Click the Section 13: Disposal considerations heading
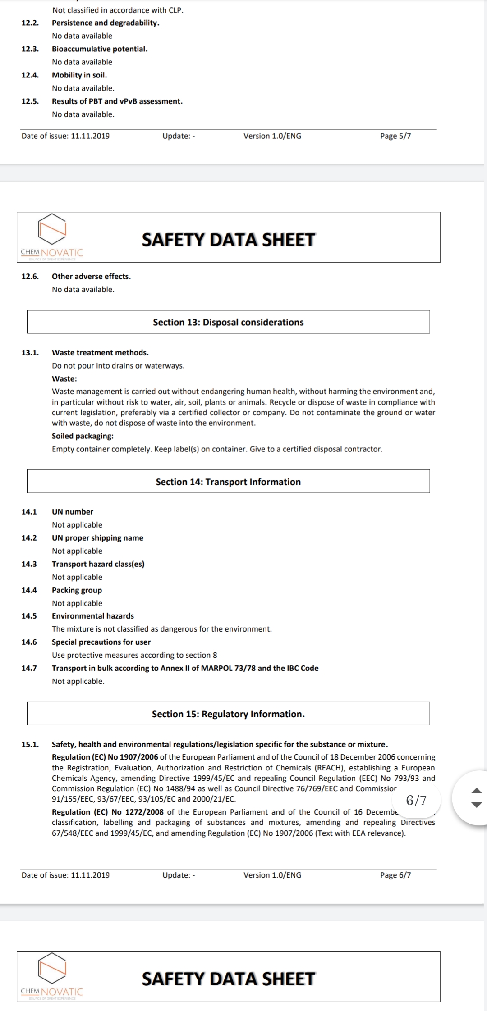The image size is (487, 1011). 228,322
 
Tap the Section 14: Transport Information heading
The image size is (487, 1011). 228,482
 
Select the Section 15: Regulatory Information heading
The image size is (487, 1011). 228,714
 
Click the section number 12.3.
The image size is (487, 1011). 30,49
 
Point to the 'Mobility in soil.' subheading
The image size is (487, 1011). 79,75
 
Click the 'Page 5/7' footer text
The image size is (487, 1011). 395,136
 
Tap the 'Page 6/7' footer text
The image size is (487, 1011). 395,875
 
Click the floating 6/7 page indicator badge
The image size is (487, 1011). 416,800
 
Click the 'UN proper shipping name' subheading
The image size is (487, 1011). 97,538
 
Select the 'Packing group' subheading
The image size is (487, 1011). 77,590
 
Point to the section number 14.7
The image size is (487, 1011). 29,668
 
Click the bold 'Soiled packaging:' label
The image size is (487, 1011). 83,436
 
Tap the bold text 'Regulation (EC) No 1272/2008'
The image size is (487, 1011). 107,812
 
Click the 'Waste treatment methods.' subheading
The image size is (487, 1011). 100,353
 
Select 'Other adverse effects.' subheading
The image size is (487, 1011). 91,277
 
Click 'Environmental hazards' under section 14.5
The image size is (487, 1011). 93,616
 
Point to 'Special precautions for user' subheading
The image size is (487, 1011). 101,642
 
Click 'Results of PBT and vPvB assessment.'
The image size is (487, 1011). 117,101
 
